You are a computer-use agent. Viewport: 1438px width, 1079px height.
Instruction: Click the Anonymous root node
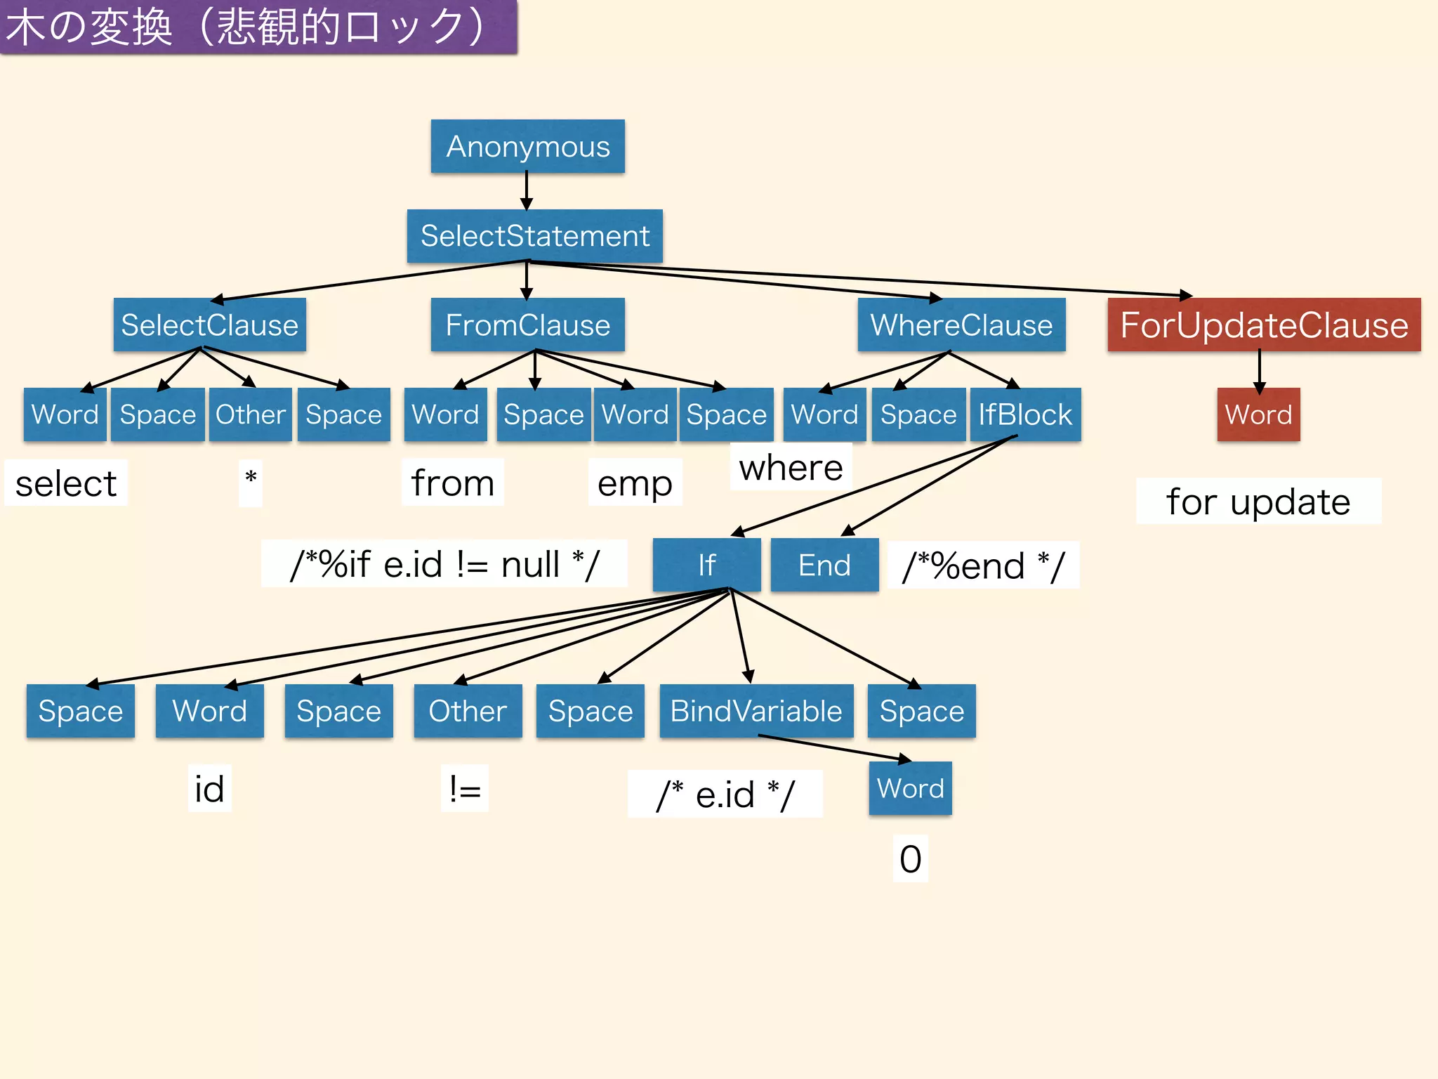(527, 146)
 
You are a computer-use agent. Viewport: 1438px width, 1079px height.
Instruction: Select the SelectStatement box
(534, 236)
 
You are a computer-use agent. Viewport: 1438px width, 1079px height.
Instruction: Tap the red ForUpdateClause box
(1264, 325)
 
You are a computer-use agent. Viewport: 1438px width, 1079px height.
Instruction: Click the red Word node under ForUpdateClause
(1258, 414)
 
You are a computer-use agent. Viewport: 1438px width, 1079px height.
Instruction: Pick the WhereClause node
(961, 325)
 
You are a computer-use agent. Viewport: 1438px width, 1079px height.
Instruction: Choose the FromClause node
(527, 325)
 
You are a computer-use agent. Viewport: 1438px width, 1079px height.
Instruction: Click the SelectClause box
(209, 325)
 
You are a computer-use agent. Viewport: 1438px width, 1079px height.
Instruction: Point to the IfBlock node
(1025, 414)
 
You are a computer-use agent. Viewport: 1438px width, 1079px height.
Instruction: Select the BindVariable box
(756, 711)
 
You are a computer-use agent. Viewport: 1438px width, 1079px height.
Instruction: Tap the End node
(824, 565)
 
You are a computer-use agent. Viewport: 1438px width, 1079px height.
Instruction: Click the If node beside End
(706, 565)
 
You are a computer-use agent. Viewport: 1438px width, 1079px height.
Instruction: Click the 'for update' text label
(1258, 502)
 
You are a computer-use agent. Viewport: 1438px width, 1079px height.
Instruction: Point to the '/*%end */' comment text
(983, 565)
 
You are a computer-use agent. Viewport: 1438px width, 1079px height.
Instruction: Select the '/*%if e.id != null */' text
(444, 564)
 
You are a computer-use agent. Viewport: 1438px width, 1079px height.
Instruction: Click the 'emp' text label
(635, 483)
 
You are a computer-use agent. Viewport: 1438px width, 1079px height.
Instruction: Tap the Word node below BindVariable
(910, 788)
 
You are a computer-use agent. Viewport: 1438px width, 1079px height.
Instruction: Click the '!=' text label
(465, 789)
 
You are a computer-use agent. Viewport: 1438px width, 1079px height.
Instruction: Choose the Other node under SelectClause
(250, 414)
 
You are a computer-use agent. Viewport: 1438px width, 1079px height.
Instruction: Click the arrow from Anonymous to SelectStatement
(527, 191)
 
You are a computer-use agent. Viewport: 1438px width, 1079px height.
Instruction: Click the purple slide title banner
(258, 27)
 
